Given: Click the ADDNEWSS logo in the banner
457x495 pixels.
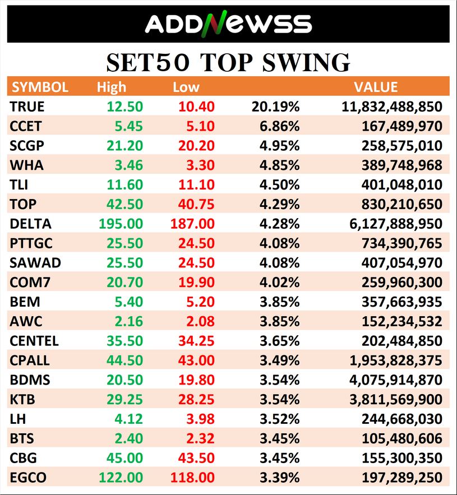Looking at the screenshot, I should tap(228, 24).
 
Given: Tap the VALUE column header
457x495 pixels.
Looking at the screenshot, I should tap(376, 87).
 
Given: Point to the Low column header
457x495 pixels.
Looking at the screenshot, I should tap(186, 87).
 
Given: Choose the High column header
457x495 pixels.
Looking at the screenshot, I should tap(112, 87).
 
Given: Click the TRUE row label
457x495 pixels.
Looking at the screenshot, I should tap(27, 107).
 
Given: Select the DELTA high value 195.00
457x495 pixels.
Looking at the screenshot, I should tap(121, 224).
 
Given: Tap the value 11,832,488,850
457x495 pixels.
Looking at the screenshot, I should tap(392, 107).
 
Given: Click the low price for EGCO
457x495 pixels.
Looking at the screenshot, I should tap(192, 478).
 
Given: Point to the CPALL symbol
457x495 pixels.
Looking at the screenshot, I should tap(30, 360).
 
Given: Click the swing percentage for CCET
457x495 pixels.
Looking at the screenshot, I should tap(279, 126).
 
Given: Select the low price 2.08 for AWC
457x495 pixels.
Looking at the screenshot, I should tap(200, 321).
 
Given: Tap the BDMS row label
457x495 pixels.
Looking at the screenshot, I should tap(30, 380).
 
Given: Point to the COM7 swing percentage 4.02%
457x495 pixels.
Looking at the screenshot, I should tap(279, 283).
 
